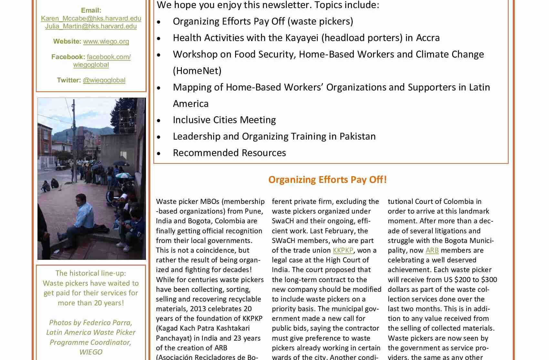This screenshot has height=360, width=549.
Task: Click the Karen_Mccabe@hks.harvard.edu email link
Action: (91, 18)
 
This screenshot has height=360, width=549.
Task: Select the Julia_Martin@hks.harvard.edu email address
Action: (91, 26)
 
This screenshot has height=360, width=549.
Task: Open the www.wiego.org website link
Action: (106, 41)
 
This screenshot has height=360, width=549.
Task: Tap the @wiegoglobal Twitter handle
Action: (104, 80)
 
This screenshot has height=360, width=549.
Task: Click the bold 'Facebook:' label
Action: (68, 57)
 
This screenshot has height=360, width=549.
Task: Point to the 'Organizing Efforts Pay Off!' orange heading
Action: (327, 180)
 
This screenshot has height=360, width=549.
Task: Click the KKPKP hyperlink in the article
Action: (343, 250)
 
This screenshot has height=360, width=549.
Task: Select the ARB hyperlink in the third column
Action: (432, 250)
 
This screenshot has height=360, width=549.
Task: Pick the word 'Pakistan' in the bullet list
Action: (357, 136)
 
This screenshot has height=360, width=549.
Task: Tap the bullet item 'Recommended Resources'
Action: (229, 153)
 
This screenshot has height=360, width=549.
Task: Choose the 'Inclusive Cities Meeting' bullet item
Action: (224, 120)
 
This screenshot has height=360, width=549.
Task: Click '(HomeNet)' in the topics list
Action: (197, 71)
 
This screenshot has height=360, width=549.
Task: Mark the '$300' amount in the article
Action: (489, 280)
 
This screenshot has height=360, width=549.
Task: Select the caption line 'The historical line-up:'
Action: (91, 273)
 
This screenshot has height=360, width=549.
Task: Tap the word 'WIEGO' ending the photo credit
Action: (91, 352)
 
